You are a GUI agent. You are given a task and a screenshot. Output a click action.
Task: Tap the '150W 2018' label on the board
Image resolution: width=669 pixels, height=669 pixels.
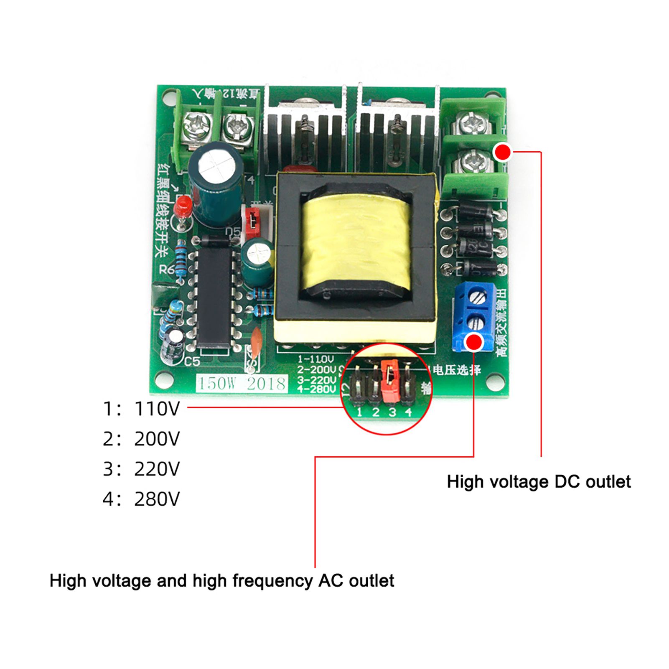point(242,383)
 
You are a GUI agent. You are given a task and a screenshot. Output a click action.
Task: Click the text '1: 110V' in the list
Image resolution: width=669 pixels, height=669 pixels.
point(141,409)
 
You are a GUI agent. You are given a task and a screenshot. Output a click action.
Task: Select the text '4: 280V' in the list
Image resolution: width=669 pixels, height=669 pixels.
point(141,499)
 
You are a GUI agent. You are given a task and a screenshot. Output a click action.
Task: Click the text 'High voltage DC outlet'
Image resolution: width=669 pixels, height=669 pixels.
point(538,482)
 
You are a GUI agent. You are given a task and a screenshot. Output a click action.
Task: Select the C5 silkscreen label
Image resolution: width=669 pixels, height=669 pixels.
point(192,361)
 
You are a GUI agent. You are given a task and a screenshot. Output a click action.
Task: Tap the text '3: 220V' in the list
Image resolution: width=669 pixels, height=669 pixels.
point(141,469)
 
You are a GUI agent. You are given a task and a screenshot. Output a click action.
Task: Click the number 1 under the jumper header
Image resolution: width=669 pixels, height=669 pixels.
point(359,412)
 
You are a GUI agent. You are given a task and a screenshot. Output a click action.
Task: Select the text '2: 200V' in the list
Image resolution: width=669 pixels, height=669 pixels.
point(141,439)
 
